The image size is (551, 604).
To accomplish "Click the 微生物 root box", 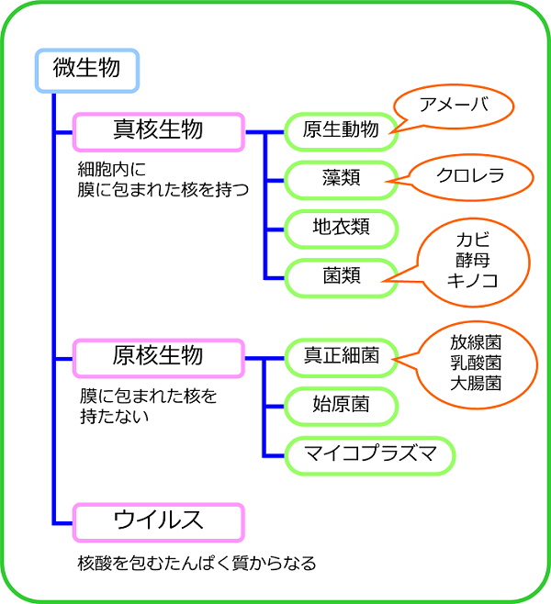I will [x=86, y=70].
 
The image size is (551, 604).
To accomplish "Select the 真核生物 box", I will [x=158, y=131].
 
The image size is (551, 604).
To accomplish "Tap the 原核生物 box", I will [x=158, y=355].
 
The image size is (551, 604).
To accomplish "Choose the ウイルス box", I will [x=158, y=521].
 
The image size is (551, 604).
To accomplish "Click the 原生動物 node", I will [x=341, y=131].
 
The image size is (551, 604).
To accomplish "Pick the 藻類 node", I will [x=341, y=179].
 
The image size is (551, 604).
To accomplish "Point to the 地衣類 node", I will [x=341, y=227].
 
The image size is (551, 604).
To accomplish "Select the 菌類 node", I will [x=341, y=274].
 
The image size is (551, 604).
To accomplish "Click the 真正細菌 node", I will [x=341, y=356].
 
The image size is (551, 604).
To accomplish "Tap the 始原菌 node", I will [x=341, y=404].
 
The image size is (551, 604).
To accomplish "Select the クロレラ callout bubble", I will [x=471, y=176].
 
